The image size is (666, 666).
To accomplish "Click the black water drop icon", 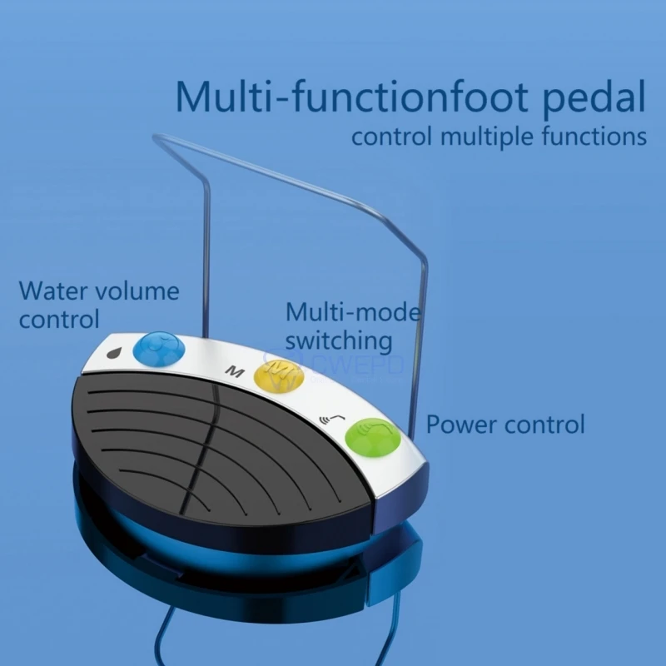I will click(114, 352).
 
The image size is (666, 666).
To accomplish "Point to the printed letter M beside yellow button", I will click(236, 370).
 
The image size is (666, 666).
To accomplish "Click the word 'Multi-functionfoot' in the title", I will click(350, 97).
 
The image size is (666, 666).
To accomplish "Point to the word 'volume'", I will click(137, 291).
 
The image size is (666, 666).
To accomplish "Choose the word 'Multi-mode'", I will click(353, 312).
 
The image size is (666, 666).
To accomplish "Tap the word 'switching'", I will click(339, 340).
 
